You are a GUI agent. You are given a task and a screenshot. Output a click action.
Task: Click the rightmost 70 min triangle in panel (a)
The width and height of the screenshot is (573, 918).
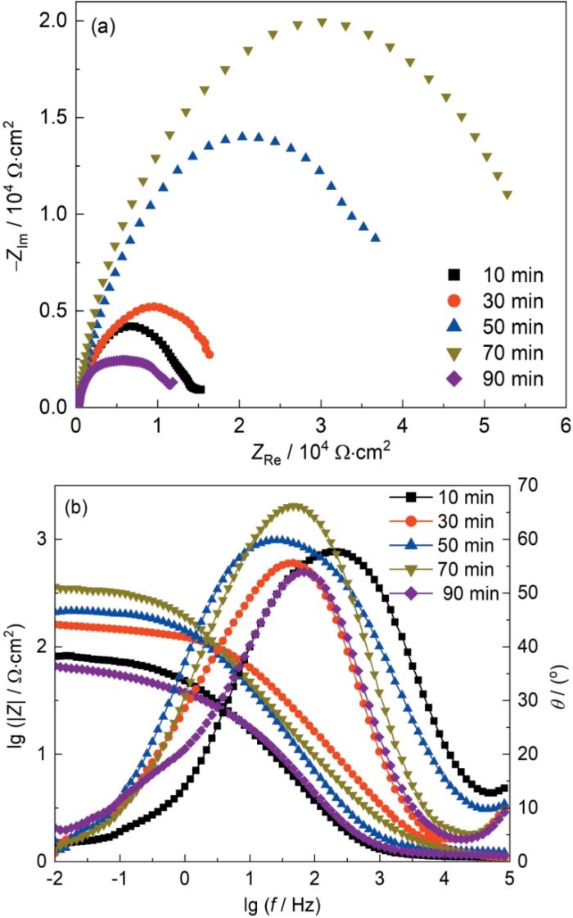click(508, 195)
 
